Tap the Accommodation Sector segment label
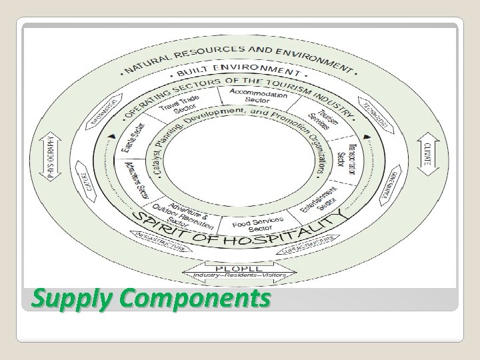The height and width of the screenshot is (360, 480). coord(258,96)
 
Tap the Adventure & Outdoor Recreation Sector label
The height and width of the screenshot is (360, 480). coord(189,212)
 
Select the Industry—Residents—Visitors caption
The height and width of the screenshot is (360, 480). coord(239,275)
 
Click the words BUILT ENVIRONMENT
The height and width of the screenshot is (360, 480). coord(239,69)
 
